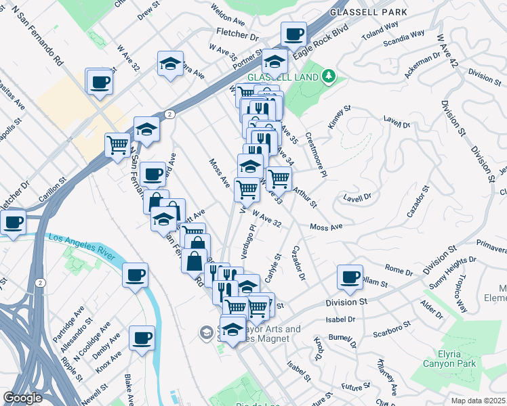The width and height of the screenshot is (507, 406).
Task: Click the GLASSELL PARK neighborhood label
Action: (x=368, y=12)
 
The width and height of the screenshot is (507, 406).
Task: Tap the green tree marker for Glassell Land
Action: (x=329, y=75)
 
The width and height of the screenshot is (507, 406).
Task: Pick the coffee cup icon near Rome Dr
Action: (x=350, y=276)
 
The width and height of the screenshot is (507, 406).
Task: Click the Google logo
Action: (x=23, y=398)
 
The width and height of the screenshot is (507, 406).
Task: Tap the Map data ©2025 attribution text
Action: (x=477, y=401)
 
